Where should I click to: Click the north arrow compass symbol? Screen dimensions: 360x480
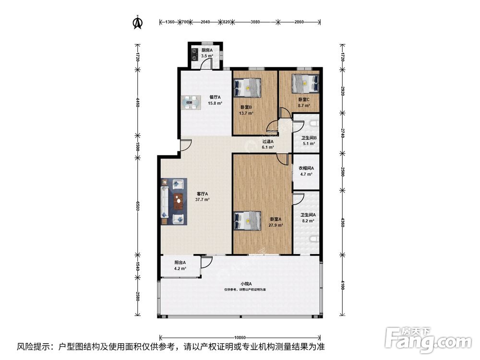pyautogui.click(x=137, y=22)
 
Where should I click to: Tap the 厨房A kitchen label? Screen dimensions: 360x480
pyautogui.click(x=207, y=50)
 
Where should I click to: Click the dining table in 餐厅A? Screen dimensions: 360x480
pyautogui.click(x=191, y=103)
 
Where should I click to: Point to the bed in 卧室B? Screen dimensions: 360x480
pyautogui.click(x=248, y=88)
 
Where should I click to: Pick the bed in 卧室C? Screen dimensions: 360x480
pyautogui.click(x=306, y=83)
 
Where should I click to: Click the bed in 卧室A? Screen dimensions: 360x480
pyautogui.click(x=248, y=221)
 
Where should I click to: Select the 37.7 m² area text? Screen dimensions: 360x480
pyautogui.click(x=202, y=199)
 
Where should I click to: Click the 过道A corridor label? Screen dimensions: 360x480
pyautogui.click(x=268, y=142)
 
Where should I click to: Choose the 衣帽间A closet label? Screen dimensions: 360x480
pyautogui.click(x=306, y=168)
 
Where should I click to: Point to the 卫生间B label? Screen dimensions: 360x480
pyautogui.click(x=308, y=138)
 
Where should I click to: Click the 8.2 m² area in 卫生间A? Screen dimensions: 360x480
pyautogui.click(x=308, y=221)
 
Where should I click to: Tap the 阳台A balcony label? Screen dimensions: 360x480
pyautogui.click(x=180, y=263)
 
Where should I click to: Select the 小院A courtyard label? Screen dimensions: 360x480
pyautogui.click(x=245, y=284)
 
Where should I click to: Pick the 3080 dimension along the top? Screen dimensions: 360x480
pyautogui.click(x=255, y=22)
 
